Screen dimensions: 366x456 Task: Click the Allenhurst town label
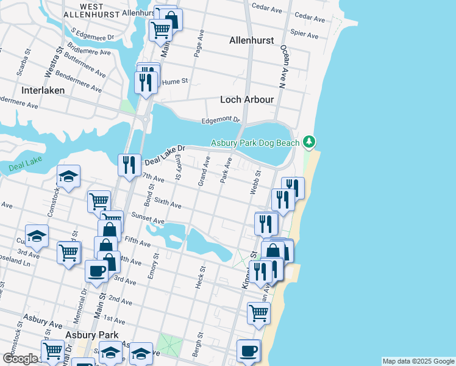(x=252, y=41)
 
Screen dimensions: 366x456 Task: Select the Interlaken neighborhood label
(x=43, y=90)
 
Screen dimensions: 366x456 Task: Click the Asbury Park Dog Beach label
(x=255, y=143)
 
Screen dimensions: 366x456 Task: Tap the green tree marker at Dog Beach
(x=310, y=143)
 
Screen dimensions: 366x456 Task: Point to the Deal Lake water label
(x=23, y=167)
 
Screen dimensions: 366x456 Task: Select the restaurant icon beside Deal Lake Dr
(x=129, y=164)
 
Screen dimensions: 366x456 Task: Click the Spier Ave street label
(x=305, y=35)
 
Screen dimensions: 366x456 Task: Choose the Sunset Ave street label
(x=149, y=220)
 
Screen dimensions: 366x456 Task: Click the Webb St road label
(x=256, y=182)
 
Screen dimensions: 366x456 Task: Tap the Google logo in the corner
(x=20, y=359)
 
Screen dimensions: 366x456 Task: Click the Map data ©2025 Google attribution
(x=418, y=361)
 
